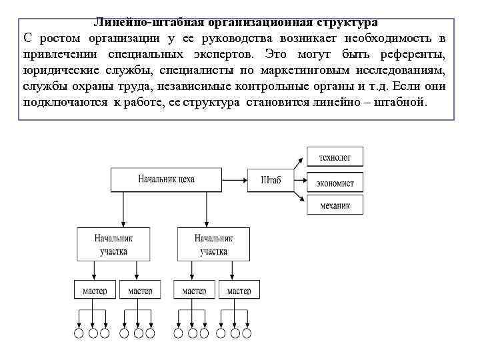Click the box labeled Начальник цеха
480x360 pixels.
pos(167,179)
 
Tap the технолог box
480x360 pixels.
pos(335,157)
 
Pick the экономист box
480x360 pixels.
pos(335,182)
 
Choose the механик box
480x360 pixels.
pos(335,205)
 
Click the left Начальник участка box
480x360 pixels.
pos(113,244)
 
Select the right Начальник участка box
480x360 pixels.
pos(213,244)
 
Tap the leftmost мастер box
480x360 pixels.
pos(94,291)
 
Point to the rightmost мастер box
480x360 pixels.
pos(239,291)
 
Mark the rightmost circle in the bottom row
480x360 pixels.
pos(247,333)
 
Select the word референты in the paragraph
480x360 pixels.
pos(417,53)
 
